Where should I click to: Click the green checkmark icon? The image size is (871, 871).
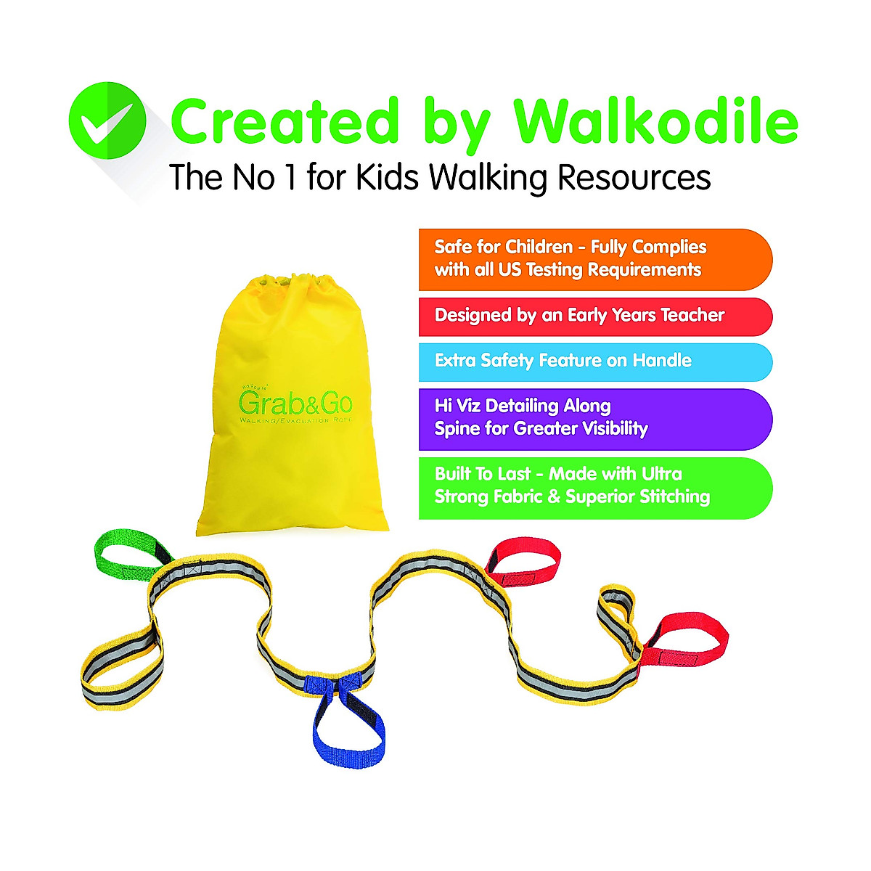click(107, 120)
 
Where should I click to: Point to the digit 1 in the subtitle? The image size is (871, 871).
click(290, 178)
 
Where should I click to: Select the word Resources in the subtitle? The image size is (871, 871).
click(634, 178)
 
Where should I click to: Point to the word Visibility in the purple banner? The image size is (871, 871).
click(611, 429)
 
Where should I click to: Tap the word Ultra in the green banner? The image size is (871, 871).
click(661, 474)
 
